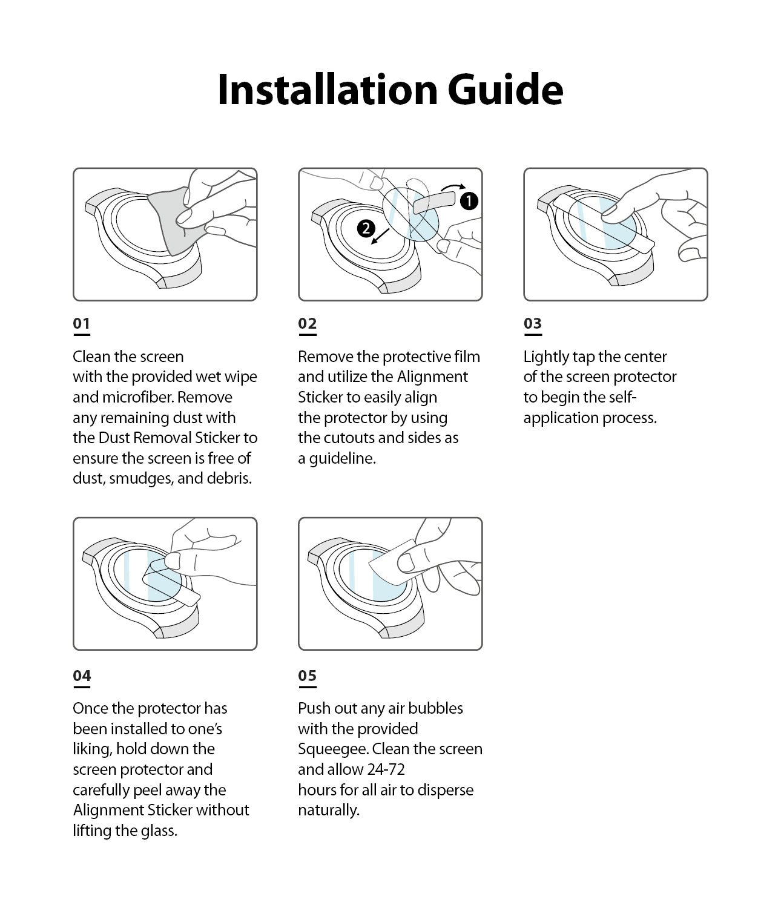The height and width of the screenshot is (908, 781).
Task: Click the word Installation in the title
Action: [328, 90]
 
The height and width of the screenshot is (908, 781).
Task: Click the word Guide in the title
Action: [506, 90]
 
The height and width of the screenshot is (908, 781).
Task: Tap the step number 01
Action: [81, 323]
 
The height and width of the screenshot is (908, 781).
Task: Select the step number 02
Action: [307, 323]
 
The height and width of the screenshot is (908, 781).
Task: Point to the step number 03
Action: [532, 323]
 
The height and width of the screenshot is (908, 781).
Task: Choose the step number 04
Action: [82, 676]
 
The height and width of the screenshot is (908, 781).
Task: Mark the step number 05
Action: [307, 676]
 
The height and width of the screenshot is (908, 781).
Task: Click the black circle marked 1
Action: [469, 201]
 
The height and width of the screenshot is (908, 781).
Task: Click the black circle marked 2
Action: [366, 228]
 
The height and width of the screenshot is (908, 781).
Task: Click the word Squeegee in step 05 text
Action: [332, 749]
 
